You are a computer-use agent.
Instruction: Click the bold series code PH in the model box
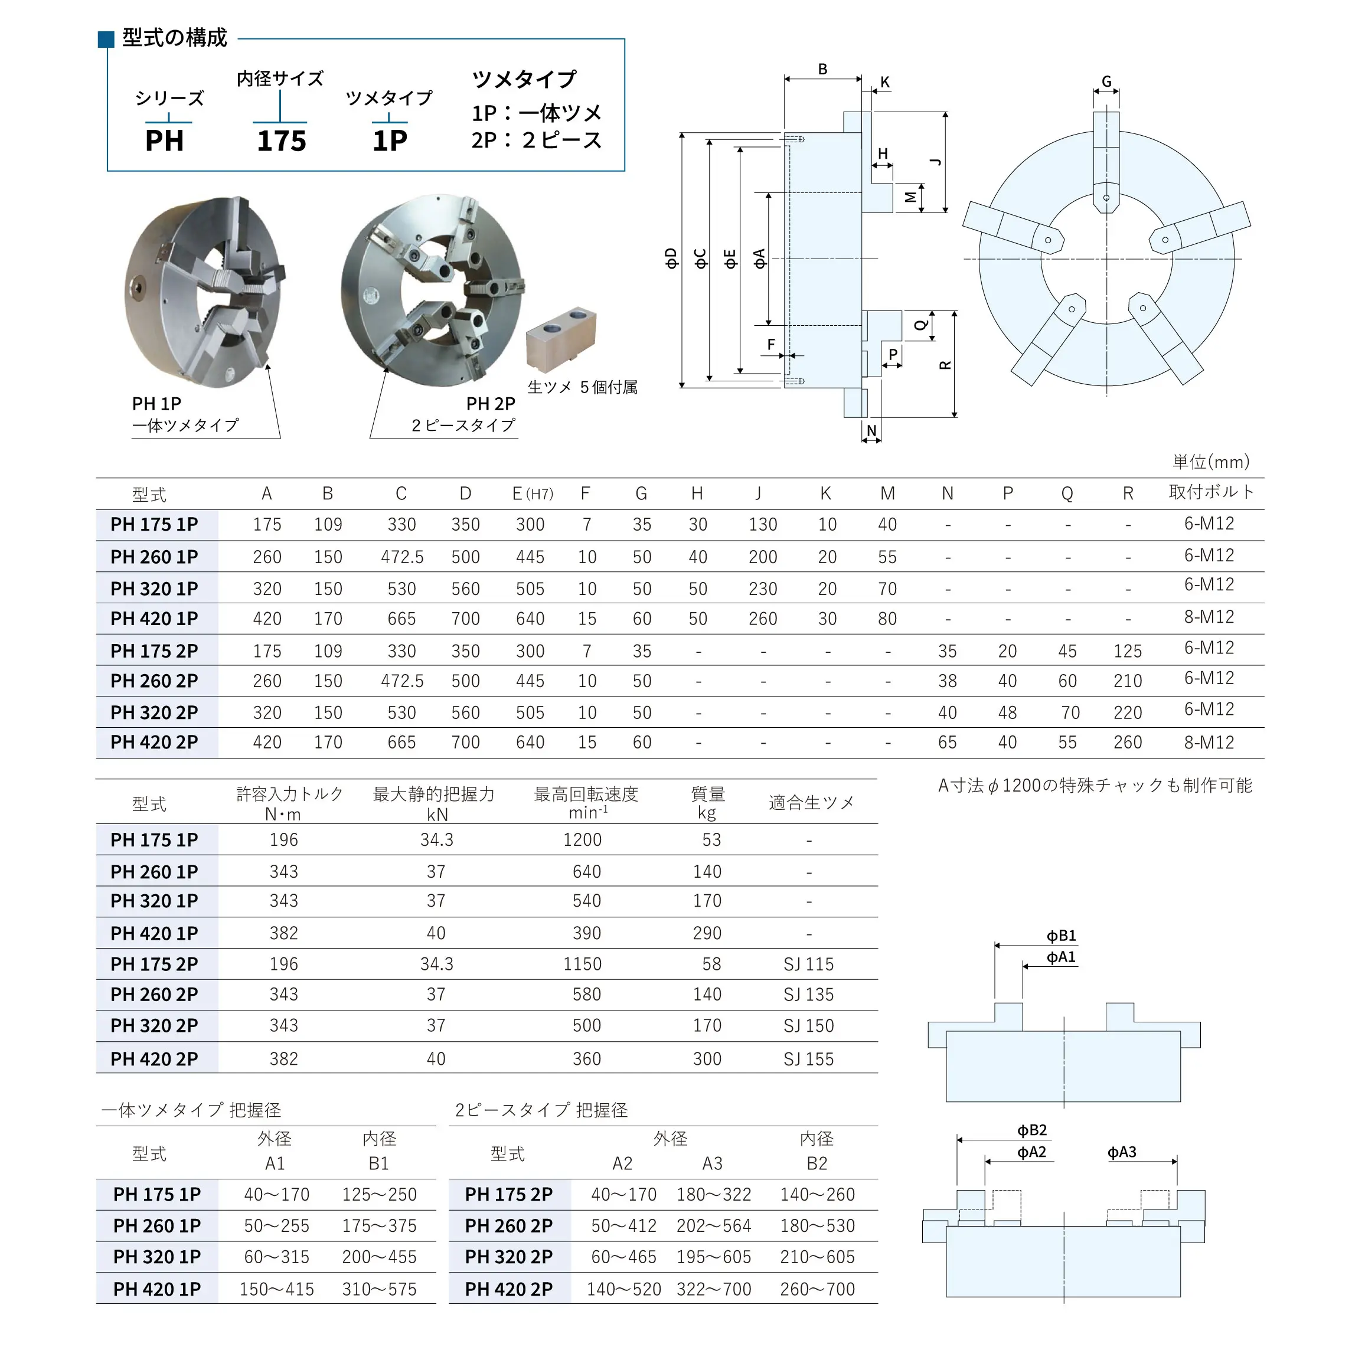click(165, 140)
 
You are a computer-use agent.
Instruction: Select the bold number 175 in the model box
click(281, 140)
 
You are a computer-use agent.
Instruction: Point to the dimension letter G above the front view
click(1106, 81)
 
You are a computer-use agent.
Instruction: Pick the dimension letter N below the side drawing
click(871, 430)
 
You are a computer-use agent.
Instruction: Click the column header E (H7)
click(532, 494)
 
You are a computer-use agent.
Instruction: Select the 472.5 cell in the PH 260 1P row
click(401, 557)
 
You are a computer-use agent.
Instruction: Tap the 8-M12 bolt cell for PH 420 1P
click(1209, 617)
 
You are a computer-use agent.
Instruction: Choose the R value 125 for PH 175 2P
click(1128, 652)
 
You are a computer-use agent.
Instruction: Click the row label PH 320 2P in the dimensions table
click(155, 712)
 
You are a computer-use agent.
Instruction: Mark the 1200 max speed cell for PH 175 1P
click(582, 840)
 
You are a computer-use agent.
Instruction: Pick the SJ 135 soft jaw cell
click(808, 995)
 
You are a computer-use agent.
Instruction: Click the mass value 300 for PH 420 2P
click(707, 1059)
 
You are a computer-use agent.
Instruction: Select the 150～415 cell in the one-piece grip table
click(276, 1289)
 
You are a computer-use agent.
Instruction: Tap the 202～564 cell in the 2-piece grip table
click(713, 1226)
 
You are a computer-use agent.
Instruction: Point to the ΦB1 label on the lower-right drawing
click(1061, 936)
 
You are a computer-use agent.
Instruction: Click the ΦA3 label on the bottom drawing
click(1121, 1152)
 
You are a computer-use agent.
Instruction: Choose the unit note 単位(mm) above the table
click(1211, 462)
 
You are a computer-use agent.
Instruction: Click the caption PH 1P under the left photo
click(157, 404)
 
